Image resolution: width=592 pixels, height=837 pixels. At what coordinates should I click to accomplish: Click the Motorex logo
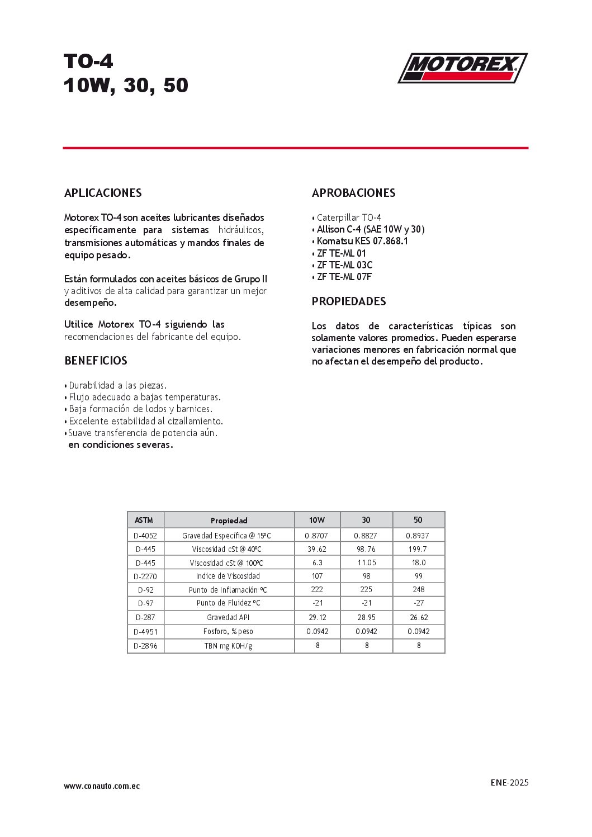tap(462, 68)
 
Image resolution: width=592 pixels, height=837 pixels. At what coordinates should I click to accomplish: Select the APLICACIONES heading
tap(103, 193)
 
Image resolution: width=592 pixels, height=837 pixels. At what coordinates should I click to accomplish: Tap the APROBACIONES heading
tap(353, 193)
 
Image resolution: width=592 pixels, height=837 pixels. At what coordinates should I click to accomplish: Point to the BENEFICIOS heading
tap(96, 361)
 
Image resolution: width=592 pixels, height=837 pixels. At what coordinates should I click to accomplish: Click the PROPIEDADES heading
tap(349, 301)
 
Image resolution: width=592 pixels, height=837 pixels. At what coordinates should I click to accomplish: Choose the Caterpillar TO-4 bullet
tap(348, 217)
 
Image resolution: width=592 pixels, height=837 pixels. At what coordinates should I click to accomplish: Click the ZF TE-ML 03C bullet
tap(344, 265)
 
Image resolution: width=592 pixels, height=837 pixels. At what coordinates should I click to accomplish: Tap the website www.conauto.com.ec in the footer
tap(102, 786)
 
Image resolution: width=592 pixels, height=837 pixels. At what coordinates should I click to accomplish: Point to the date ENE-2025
tap(509, 782)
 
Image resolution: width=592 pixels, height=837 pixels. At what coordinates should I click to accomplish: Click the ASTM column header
tap(144, 520)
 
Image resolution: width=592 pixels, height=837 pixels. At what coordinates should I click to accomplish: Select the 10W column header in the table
tap(317, 520)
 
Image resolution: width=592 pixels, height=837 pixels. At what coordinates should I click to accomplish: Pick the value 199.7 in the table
tap(418, 549)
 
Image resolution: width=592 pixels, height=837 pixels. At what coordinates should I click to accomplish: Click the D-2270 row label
tap(145, 576)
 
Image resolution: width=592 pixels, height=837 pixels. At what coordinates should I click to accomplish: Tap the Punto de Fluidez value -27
tap(419, 603)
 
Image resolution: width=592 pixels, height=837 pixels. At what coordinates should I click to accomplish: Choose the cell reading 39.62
tap(317, 549)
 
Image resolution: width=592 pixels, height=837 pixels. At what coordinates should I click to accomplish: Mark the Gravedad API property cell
tap(228, 617)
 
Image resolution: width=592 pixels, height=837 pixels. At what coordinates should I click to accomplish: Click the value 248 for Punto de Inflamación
tap(419, 589)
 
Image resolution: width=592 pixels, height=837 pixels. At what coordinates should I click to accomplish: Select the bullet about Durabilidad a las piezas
tap(117, 385)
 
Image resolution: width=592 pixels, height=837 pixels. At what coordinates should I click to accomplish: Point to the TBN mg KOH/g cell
tap(228, 646)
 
